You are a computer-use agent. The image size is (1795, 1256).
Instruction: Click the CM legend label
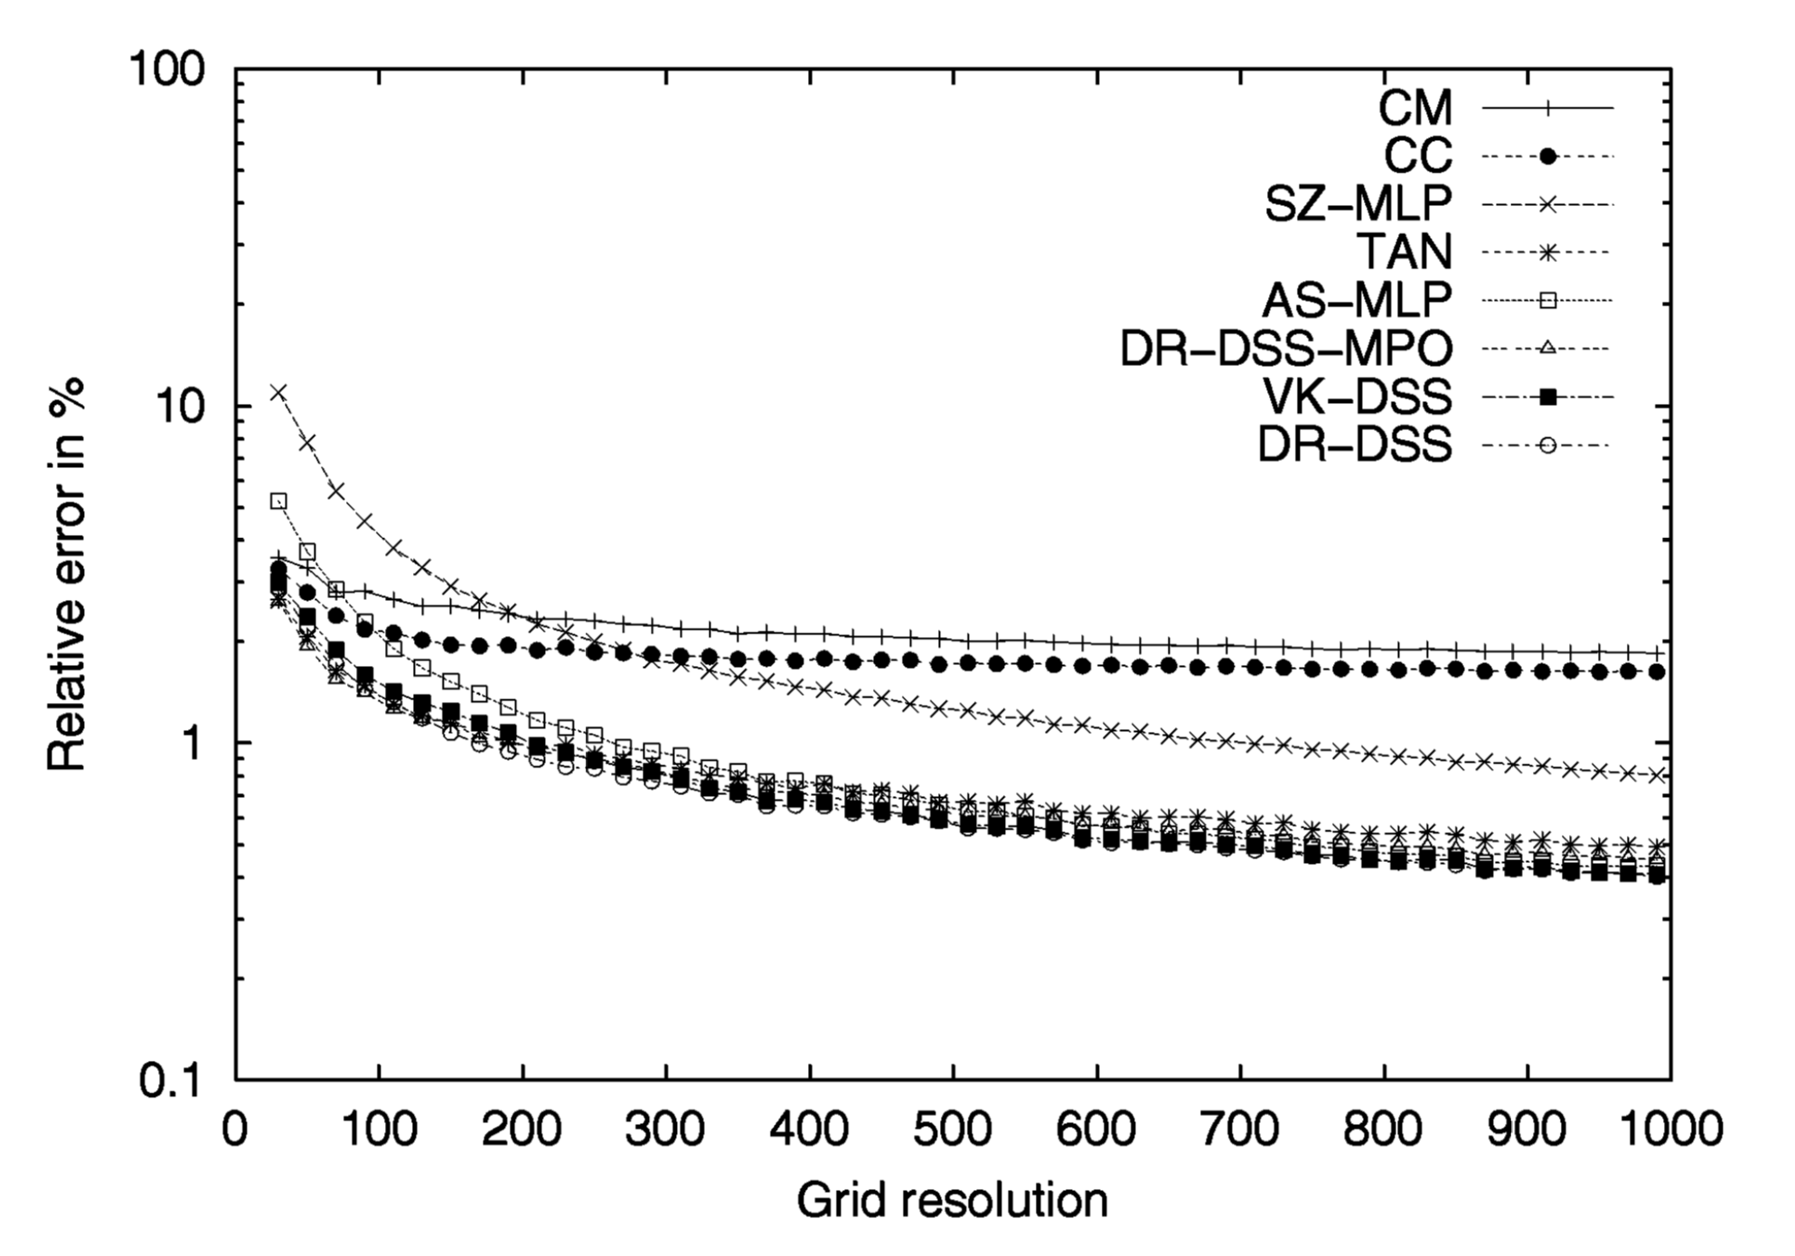coord(1414,108)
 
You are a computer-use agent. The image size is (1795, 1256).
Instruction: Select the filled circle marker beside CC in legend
coord(1547,156)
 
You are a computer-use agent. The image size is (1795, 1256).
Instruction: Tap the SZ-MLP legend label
coord(1358,204)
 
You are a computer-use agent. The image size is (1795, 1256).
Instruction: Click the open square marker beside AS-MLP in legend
coord(1547,300)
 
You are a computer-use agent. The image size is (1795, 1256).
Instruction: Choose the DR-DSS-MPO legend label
coord(1286,348)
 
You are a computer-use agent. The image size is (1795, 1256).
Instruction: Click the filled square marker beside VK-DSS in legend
coord(1547,397)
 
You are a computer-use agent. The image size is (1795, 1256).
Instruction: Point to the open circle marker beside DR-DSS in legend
coord(1547,445)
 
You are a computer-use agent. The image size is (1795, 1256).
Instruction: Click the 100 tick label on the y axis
coord(167,70)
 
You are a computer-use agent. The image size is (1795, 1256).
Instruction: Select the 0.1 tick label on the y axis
coord(172,1080)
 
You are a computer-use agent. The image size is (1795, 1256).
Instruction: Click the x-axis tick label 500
coord(953,1129)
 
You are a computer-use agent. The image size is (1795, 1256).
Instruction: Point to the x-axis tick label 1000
coord(1669,1129)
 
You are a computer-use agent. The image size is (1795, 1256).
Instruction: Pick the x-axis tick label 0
coord(236,1129)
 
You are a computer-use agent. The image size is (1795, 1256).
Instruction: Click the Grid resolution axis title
coord(953,1201)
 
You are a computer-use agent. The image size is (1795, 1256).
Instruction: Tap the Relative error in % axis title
coord(67,575)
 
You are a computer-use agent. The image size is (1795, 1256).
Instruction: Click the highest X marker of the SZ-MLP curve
coord(278,392)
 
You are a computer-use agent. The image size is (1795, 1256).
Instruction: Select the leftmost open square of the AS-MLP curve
coord(279,501)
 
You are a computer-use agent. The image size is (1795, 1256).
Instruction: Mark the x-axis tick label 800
coord(1383,1129)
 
